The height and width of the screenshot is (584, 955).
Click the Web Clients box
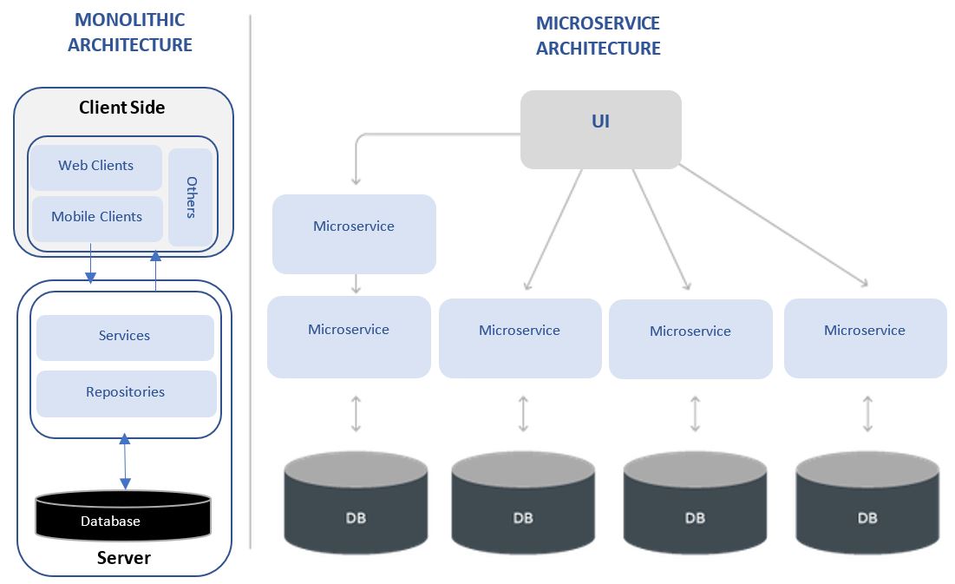96,167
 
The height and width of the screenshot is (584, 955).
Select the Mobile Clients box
96,218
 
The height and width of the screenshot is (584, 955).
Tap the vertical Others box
191,197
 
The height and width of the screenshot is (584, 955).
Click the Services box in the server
124,337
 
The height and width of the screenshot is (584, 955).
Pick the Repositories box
125,393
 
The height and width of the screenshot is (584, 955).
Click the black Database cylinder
122,515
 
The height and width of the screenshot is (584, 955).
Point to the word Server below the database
123,558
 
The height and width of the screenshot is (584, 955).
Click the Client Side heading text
121,108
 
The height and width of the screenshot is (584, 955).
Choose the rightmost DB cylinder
867,503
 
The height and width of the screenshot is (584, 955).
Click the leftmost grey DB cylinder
356,503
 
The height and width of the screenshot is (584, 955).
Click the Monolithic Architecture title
130,32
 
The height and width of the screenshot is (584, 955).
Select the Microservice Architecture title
598,36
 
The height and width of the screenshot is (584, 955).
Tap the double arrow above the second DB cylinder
523,414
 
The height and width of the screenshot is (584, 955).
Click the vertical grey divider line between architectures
251,278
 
